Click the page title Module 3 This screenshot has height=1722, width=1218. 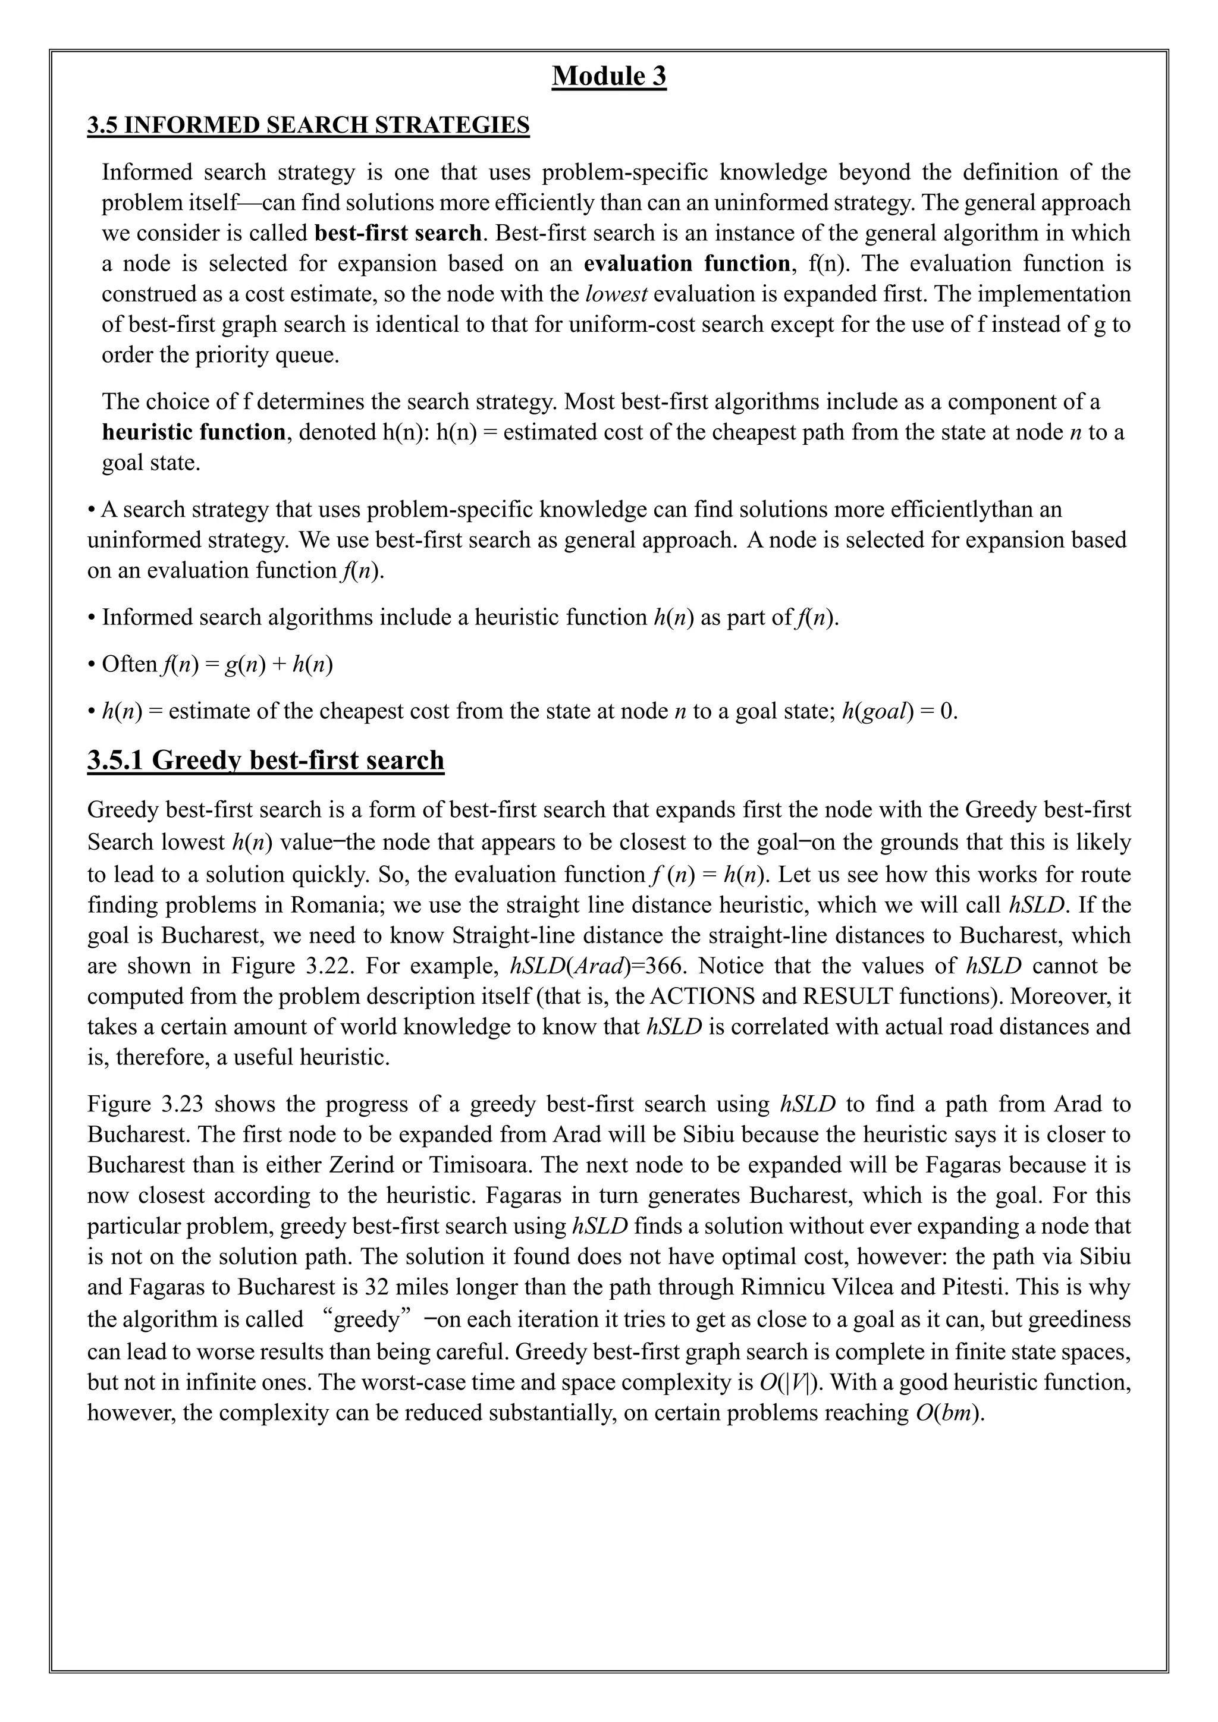[608, 77]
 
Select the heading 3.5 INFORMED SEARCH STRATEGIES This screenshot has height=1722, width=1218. [308, 125]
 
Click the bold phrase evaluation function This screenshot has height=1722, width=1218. [686, 263]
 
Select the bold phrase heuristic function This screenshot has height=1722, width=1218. [193, 432]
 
